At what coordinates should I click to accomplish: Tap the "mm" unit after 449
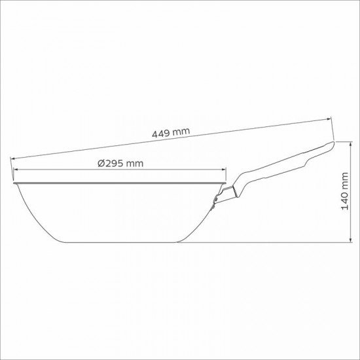point(181,131)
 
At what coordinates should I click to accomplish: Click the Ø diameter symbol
point(101,164)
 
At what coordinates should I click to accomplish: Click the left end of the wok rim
point(12,179)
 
